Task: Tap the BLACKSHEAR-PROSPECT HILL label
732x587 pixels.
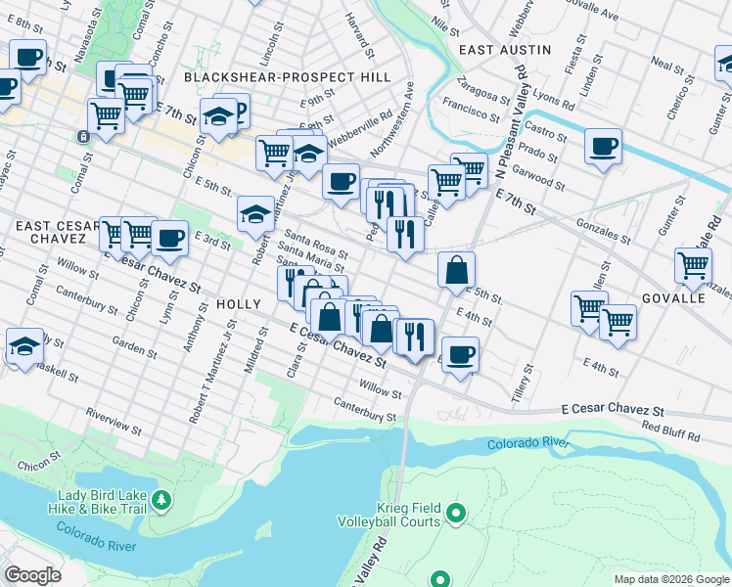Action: click(x=287, y=76)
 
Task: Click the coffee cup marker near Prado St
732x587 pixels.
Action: click(x=603, y=148)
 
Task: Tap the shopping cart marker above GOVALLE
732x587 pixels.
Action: click(x=693, y=264)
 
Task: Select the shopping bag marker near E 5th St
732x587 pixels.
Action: click(x=456, y=270)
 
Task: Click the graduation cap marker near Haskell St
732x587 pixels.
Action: click(x=24, y=346)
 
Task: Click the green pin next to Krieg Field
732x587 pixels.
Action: click(x=455, y=512)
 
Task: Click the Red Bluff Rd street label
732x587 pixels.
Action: click(x=671, y=433)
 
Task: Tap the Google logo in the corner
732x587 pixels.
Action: click(x=32, y=574)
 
